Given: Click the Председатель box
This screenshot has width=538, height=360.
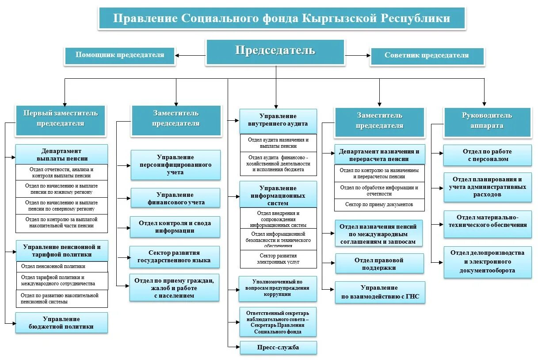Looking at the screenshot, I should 275,51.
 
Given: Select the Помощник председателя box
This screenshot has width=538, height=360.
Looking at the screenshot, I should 120,56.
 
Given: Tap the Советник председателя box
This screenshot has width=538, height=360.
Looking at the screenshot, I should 427,56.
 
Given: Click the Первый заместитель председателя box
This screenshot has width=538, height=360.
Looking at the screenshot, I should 61,119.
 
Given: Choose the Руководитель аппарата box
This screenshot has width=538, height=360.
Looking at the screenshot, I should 487,121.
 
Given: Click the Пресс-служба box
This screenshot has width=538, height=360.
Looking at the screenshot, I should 278,347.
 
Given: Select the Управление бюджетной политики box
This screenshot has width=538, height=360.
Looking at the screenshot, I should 61,323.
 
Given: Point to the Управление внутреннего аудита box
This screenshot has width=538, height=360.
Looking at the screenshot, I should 278,120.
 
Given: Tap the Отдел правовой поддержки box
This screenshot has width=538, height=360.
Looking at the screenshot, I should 379,264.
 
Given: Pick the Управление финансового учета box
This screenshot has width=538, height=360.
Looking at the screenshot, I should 176,199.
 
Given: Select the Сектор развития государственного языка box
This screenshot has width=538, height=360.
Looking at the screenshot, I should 174,257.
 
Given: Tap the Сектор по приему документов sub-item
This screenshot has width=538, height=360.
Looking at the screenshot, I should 379,204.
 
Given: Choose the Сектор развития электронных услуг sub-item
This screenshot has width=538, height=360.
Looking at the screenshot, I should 278,259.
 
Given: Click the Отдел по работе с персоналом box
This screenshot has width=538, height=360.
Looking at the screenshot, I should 487,155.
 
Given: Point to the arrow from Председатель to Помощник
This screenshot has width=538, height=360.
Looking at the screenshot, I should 190,56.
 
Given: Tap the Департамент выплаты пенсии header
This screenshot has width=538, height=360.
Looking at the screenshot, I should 61,154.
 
